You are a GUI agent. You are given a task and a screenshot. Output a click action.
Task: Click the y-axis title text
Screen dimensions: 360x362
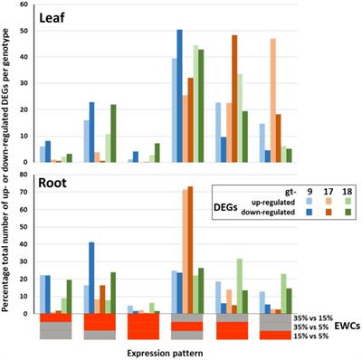coord(8,172)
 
